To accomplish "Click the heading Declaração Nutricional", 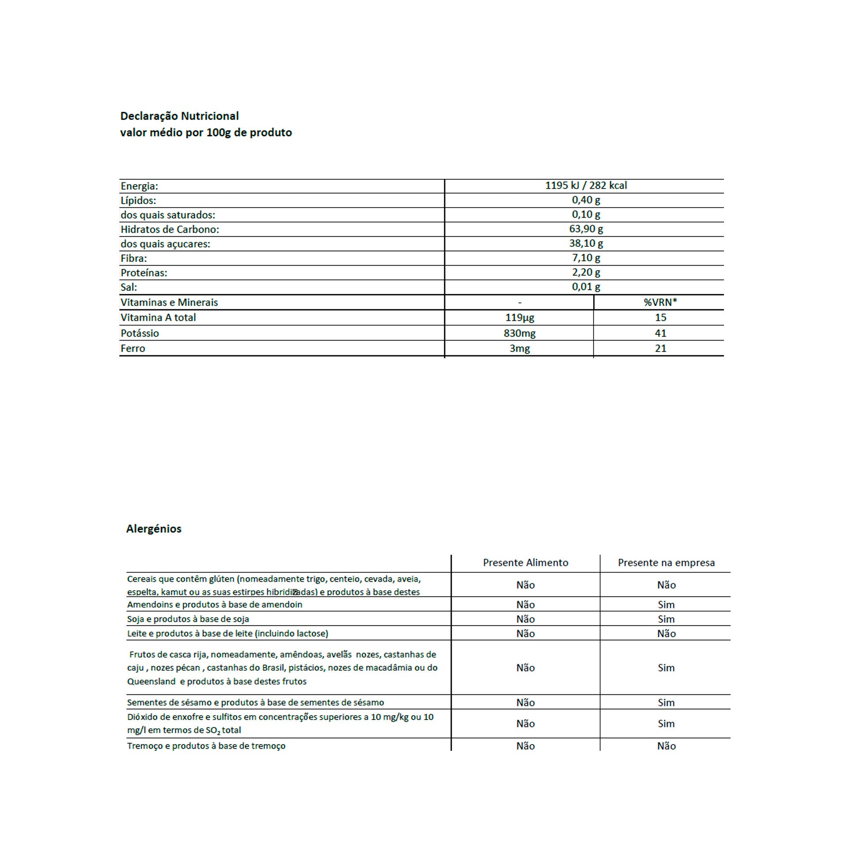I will (x=179, y=116).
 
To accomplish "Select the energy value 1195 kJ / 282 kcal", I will (x=586, y=186).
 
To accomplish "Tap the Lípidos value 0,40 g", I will (x=586, y=200).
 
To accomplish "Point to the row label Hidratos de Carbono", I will (x=170, y=229).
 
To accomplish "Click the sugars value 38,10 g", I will (x=586, y=243).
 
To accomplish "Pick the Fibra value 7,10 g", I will (x=586, y=258).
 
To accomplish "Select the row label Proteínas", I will (x=144, y=273).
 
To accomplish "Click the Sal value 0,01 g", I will (x=586, y=287).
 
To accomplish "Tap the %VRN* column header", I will (x=660, y=302).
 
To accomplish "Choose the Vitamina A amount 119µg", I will (x=519, y=318).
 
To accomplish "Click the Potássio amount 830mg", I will (x=519, y=333).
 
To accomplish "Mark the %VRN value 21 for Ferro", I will (x=660, y=349).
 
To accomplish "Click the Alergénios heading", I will (x=154, y=529).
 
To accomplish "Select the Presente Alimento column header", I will (x=525, y=563).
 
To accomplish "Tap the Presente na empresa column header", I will (x=666, y=563).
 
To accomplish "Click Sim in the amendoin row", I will (x=666, y=605).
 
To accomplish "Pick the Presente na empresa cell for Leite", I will (x=666, y=634).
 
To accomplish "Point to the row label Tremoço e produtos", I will (x=206, y=746).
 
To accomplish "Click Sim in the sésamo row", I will (x=666, y=702).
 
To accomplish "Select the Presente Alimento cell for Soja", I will (x=525, y=619).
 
